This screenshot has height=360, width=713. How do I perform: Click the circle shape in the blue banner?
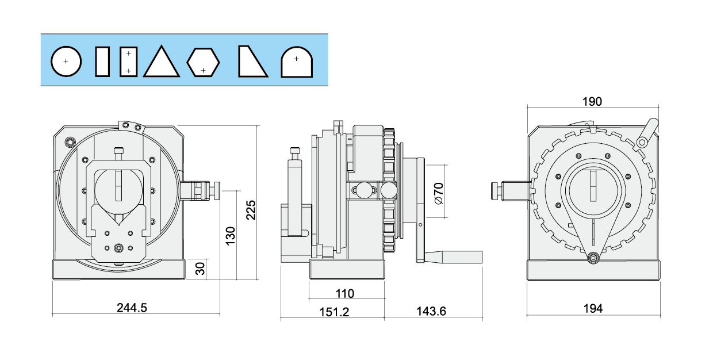(x=66, y=61)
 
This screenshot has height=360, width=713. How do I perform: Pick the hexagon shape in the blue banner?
(x=204, y=62)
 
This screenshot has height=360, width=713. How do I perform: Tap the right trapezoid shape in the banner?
(x=251, y=62)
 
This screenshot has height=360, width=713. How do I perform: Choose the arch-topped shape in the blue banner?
(x=296, y=62)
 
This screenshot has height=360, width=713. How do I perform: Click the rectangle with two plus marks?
(x=128, y=62)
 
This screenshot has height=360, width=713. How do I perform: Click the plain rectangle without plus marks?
(x=103, y=62)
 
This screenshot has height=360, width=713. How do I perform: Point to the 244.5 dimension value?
(x=132, y=308)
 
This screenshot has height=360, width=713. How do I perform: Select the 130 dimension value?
(x=231, y=236)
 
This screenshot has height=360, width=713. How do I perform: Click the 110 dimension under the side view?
(x=344, y=293)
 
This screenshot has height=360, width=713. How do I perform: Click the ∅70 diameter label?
(x=438, y=193)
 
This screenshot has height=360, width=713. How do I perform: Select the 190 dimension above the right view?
(x=592, y=102)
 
